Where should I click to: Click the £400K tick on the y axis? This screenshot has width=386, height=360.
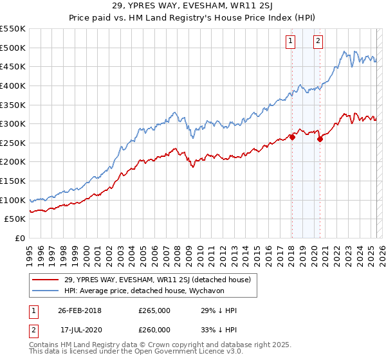point(13,85)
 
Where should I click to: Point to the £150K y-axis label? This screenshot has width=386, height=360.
point(13,181)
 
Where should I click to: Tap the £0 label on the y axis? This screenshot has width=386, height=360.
point(20,238)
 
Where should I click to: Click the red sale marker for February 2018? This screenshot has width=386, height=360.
point(292,137)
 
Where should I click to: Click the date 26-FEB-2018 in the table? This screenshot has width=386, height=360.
point(80,310)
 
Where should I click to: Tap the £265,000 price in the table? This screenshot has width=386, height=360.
point(154,310)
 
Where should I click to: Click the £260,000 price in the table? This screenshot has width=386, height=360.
point(154,329)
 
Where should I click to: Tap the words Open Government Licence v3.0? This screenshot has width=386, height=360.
point(193,352)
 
